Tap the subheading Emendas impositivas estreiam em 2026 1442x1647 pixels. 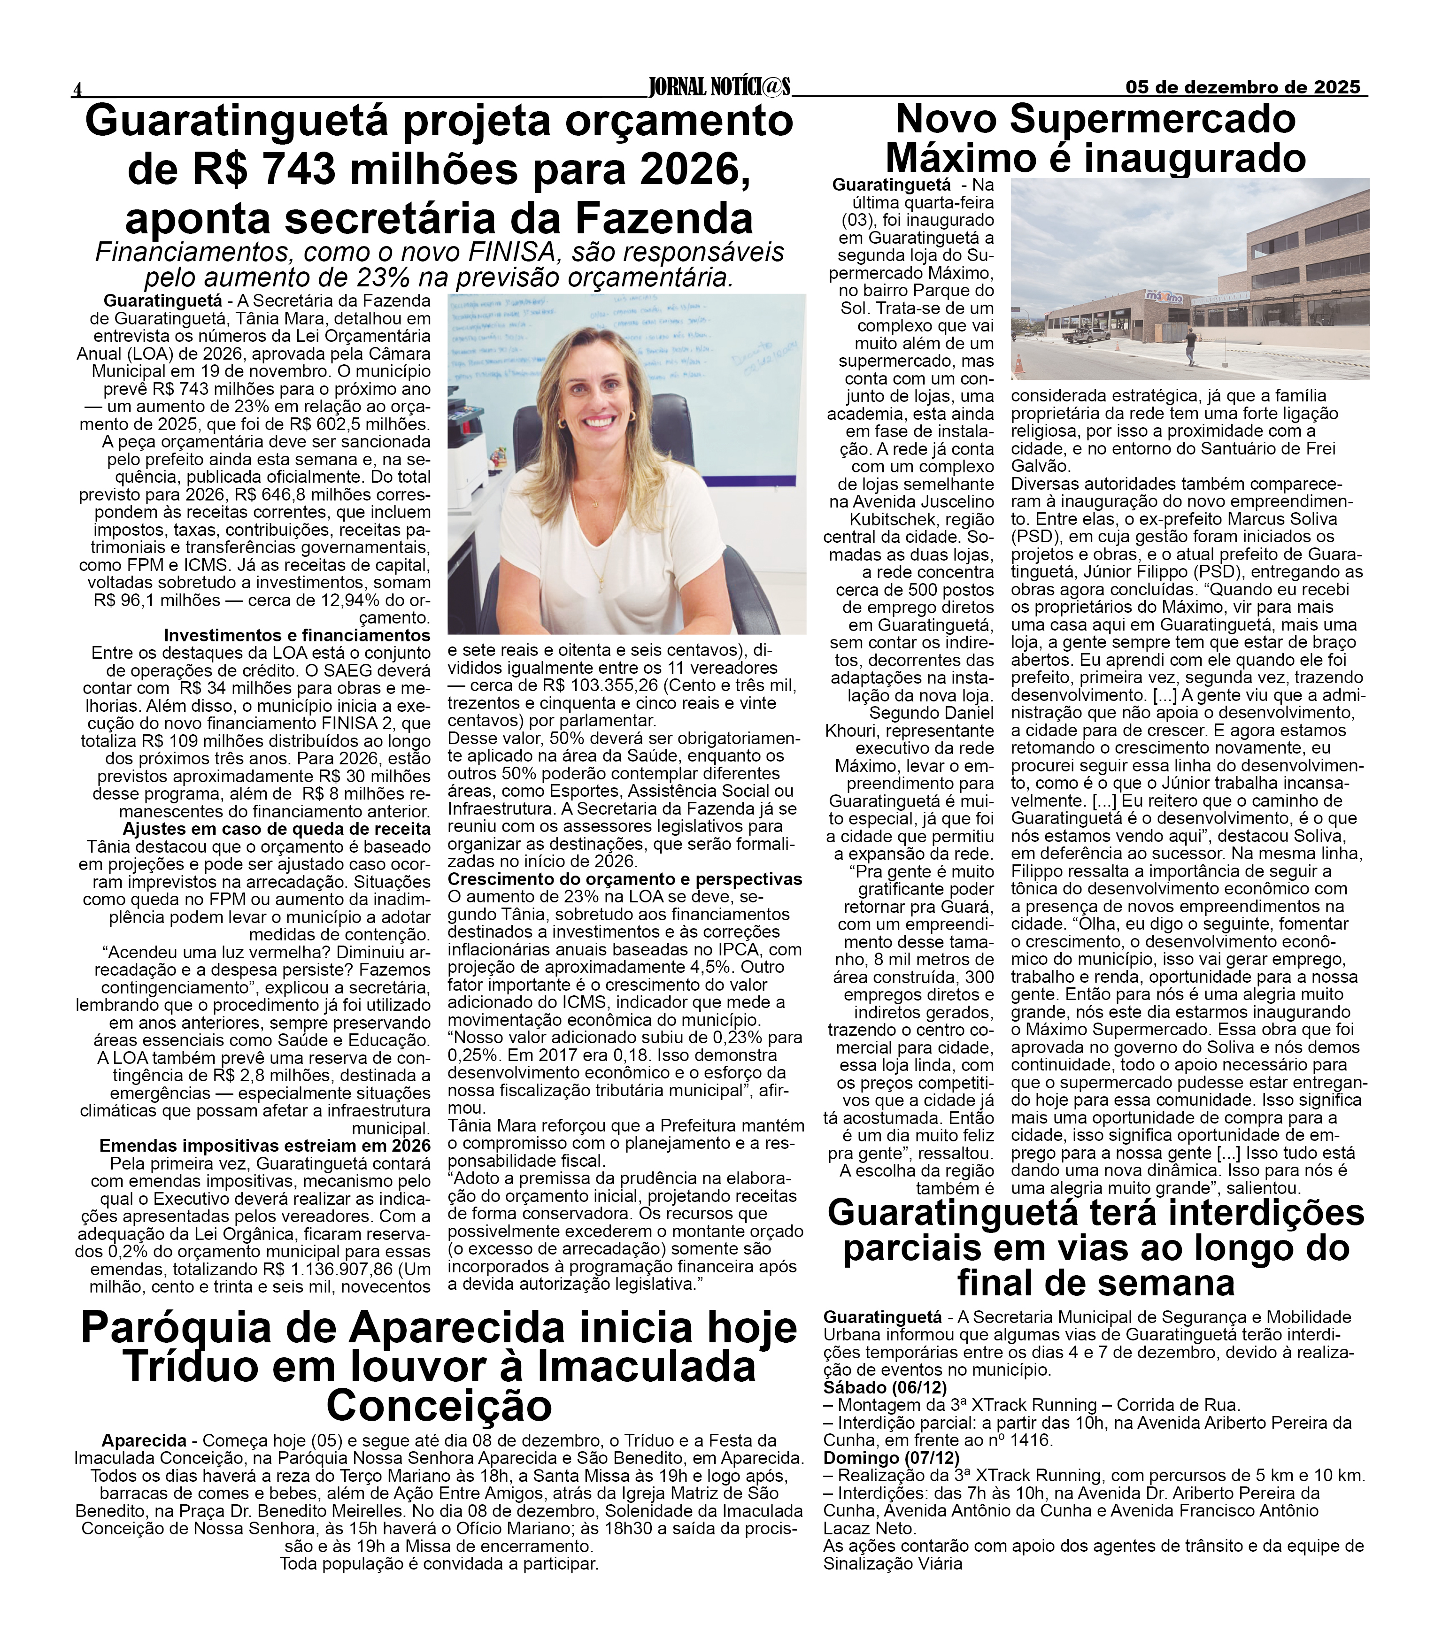[x=265, y=1146]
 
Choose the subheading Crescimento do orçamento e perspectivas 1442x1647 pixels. [x=625, y=879]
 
